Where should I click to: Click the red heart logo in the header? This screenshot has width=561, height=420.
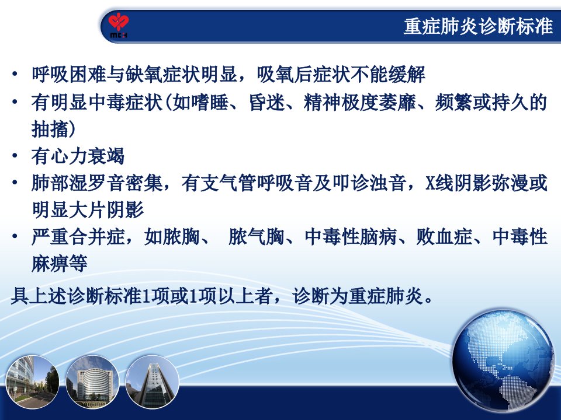(119, 22)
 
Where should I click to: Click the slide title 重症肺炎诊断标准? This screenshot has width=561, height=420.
(479, 26)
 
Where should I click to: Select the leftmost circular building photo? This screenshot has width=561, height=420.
(32, 381)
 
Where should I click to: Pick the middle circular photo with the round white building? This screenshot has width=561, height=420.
(93, 381)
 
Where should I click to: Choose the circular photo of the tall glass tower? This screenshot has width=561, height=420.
(152, 381)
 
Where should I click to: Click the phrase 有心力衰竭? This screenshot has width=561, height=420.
(78, 156)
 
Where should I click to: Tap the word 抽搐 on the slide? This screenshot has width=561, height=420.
(50, 129)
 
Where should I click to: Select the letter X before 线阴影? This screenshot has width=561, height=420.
(430, 183)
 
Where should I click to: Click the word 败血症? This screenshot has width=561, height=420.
(444, 237)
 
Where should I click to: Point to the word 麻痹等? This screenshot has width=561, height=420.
(60, 264)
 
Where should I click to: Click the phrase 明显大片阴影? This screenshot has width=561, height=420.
(87, 209)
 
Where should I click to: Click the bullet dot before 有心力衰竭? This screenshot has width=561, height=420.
(15, 156)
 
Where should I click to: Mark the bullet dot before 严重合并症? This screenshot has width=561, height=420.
(15, 236)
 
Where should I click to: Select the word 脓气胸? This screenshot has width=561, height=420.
(256, 237)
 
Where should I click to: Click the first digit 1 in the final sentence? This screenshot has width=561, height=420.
(146, 296)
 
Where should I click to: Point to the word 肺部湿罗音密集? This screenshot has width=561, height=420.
(96, 183)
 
